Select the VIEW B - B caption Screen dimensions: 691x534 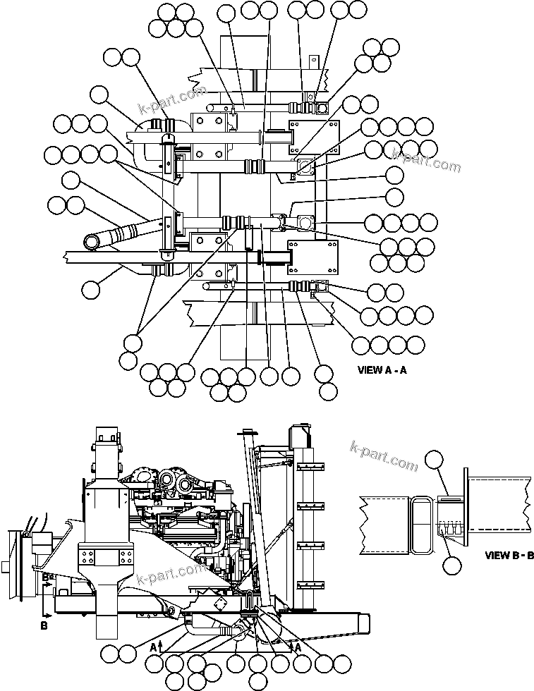click(509, 555)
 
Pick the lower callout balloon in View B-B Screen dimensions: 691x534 click(452, 564)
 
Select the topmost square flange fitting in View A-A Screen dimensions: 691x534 click(322, 108)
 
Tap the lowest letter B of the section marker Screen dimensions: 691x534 click(44, 625)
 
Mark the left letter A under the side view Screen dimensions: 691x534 click(154, 644)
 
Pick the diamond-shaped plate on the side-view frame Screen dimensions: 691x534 click(219, 604)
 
